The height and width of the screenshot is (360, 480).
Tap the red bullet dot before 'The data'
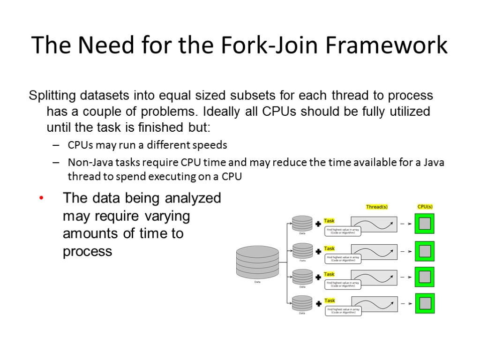41,199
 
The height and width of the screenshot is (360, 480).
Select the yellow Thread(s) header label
376,207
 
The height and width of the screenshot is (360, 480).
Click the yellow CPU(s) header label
425,207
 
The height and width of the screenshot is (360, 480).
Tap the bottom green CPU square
425,304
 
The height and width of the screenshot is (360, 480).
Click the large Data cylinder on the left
257,262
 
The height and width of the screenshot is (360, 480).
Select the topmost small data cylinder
302,223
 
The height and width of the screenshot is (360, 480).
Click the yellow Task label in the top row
330,221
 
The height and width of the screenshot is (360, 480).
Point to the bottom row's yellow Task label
330,300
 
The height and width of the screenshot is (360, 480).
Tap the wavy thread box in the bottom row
374,304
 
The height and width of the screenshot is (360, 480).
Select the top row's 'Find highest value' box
343,231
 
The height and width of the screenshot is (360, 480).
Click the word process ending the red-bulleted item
88,252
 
